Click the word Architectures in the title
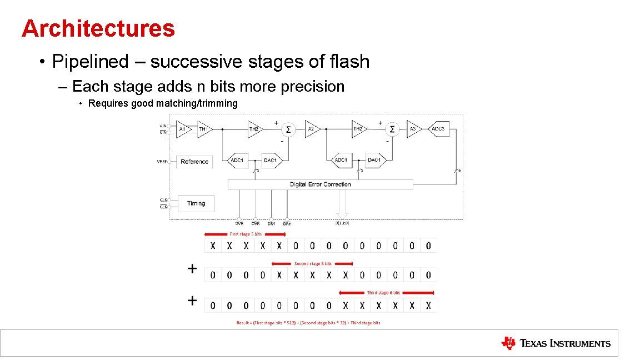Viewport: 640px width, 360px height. (x=98, y=28)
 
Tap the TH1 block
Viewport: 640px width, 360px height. (x=204, y=129)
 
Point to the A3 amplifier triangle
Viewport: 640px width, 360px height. (x=413, y=129)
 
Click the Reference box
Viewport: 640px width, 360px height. (x=194, y=162)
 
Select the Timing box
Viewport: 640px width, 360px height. (x=196, y=203)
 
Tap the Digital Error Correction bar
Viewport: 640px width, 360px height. (x=320, y=184)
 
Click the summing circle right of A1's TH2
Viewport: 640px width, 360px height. (x=288, y=129)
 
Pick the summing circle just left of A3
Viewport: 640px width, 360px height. (x=392, y=129)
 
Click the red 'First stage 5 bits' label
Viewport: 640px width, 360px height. (x=246, y=234)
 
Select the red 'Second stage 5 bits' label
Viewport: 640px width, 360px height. (x=313, y=263)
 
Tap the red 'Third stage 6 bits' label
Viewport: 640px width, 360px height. (x=383, y=292)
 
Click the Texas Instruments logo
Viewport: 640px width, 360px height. (x=555, y=343)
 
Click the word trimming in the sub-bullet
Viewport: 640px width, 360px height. (x=218, y=103)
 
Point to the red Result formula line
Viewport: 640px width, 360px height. (x=308, y=323)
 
